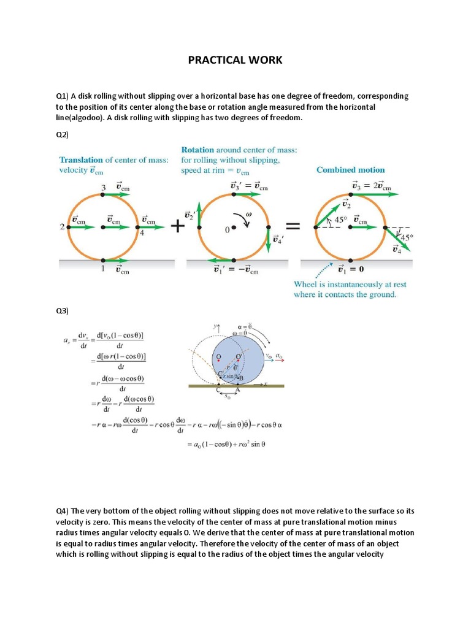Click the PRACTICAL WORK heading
coord(235,60)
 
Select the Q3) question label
coord(63,311)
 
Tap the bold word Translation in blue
coord(83,160)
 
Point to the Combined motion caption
coord(350,170)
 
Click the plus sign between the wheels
coord(178,226)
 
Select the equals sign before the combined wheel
coord(293,226)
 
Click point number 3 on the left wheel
coord(103,187)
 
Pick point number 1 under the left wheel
coord(103,269)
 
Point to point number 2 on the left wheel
coord(62,227)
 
